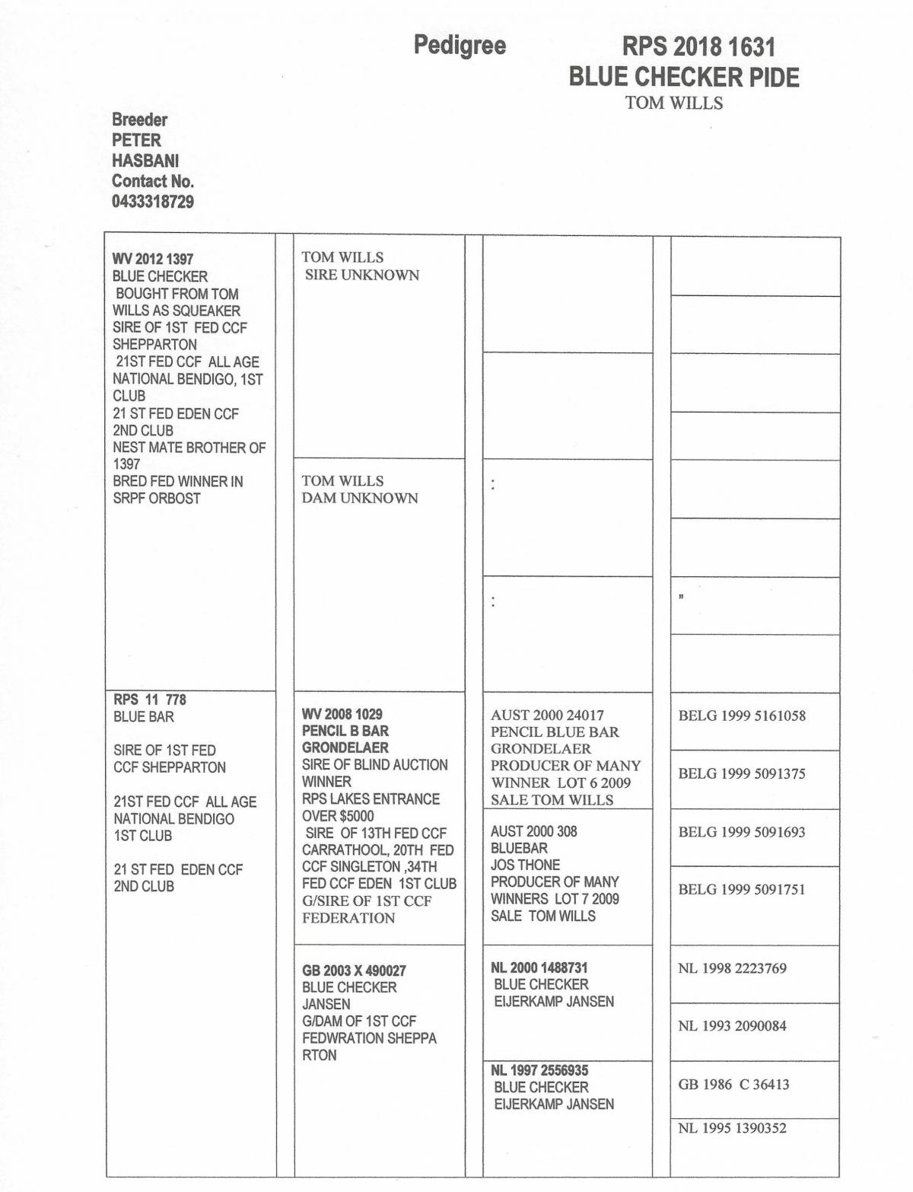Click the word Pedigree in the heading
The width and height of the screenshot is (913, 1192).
460,46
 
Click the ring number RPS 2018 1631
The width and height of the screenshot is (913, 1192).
698,47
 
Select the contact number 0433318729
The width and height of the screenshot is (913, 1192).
152,202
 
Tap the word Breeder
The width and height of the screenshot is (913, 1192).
139,120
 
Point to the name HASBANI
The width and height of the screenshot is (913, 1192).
145,161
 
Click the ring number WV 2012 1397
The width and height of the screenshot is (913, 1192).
152,260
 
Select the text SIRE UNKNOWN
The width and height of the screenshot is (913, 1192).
361,275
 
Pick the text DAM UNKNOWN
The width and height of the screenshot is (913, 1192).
360,498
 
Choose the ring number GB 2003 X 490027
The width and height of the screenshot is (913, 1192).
354,970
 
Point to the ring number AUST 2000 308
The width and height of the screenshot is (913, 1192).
533,831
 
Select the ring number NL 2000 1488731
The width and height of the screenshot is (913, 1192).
539,967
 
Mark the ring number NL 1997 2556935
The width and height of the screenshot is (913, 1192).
539,1070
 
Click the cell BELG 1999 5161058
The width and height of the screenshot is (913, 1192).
741,716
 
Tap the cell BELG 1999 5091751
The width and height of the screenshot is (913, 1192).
741,889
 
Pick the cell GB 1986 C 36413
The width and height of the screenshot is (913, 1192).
733,1084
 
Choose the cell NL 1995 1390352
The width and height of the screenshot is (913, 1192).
732,1128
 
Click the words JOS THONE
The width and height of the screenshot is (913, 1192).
525,865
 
